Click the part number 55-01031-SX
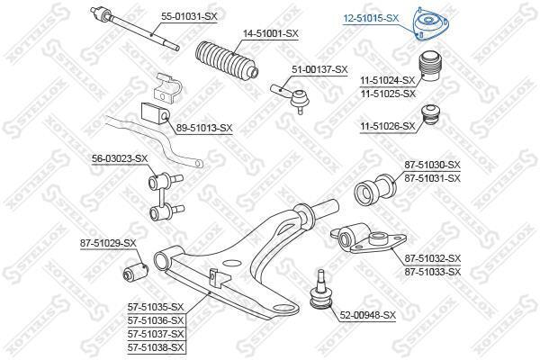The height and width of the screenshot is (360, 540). coord(189,16)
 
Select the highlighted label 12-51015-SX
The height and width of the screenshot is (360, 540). coord(371,18)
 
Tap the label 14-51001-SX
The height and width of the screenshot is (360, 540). coord(271,34)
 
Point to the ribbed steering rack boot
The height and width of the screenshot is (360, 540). coord(227,61)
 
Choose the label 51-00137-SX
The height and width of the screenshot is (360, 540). coord(319,69)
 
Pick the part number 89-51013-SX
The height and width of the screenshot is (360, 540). coord(204,128)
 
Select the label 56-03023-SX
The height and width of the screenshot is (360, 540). coord(120,158)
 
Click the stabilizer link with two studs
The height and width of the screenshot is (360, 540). coord(166,195)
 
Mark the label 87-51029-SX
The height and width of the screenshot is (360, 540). coord(108,243)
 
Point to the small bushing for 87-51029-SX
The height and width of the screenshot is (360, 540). coord(135,271)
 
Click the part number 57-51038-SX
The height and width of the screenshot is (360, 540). coord(156,347)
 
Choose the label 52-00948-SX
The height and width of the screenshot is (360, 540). coord(368,315)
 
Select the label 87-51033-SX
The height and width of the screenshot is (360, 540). coord(433,272)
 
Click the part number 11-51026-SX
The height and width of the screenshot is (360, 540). coord(388,127)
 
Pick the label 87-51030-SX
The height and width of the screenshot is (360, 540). coord(433,165)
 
